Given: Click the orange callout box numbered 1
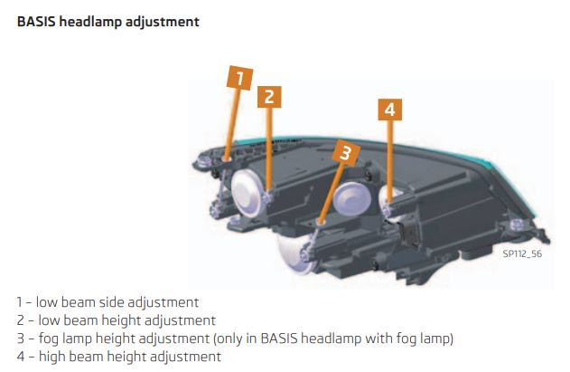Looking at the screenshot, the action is click(x=239, y=78).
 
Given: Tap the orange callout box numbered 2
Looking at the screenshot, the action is click(x=269, y=97).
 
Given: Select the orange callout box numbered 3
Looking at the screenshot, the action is click(x=346, y=153).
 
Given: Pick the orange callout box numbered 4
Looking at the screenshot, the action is click(x=389, y=110).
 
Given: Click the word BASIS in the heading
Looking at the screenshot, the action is click(x=36, y=22).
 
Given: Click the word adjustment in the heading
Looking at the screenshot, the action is click(x=163, y=23).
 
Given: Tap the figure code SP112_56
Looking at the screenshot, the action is click(x=522, y=253).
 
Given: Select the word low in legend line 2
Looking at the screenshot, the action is click(x=49, y=320).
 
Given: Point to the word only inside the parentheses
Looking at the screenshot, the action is click(x=229, y=339).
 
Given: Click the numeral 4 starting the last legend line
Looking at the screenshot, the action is click(x=21, y=357).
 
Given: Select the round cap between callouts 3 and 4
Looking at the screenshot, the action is click(x=352, y=199).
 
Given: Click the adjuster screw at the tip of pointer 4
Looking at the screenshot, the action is click(x=388, y=209).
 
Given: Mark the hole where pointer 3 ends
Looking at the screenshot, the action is click(x=321, y=222).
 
